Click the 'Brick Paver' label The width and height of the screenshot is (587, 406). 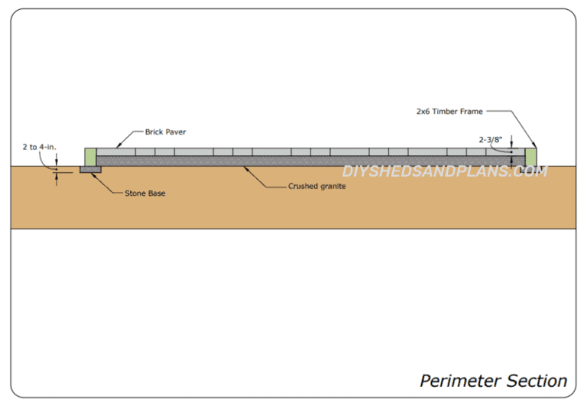165,132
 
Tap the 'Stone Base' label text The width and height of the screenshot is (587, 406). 144,193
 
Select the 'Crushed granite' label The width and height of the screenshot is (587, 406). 317,186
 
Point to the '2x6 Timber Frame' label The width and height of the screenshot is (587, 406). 449,112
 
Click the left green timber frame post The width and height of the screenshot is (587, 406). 90,158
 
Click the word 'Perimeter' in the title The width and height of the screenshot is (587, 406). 458,380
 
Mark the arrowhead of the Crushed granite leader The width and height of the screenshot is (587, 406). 243,167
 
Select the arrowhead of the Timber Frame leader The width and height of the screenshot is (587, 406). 536,147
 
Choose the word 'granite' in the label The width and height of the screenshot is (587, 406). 332,186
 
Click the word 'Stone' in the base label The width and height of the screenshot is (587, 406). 135,193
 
